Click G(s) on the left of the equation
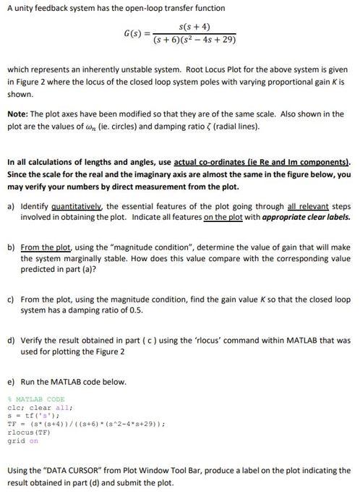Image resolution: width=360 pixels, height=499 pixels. pos(134,33)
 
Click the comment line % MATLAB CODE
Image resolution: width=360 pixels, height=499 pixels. pos(35,399)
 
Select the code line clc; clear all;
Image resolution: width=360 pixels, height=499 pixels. pos(38,406)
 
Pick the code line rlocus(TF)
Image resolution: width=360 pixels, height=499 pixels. pos(26,433)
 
